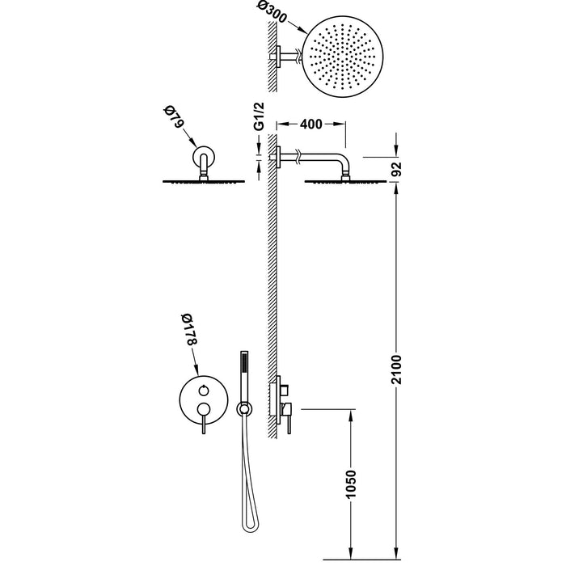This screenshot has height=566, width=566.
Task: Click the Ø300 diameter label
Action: coord(272,12)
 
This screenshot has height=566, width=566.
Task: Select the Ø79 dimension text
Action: coord(174,116)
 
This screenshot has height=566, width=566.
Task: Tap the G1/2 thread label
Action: coord(260,116)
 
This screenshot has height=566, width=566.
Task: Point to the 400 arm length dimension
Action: coord(310,125)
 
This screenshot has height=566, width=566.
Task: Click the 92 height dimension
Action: coord(396,169)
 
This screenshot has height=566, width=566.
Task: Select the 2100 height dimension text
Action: coord(396,370)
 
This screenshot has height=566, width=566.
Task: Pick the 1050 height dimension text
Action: coord(350,484)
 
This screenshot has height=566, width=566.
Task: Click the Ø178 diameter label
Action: coord(188,331)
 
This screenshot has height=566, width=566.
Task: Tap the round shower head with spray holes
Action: coord(342,57)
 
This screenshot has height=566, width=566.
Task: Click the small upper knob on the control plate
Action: coord(203,390)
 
